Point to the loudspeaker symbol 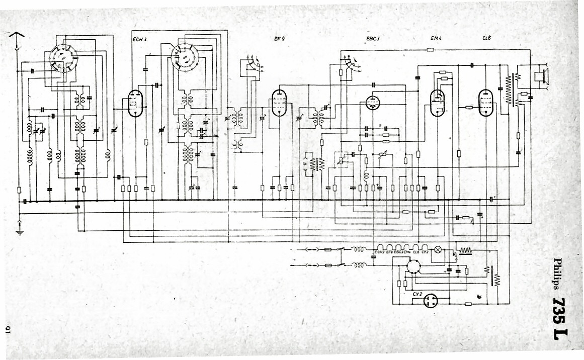click(542, 76)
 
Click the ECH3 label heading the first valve click(139, 39)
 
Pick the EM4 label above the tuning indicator click(436, 38)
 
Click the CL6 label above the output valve click(486, 38)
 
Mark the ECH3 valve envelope click(135, 104)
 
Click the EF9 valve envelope click(278, 103)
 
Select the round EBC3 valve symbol click(373, 103)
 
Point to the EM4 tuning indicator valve click(438, 103)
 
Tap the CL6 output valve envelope click(486, 103)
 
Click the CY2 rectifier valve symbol click(430, 301)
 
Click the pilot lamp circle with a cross click(438, 249)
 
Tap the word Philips click(558, 275)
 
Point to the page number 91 click(9, 329)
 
